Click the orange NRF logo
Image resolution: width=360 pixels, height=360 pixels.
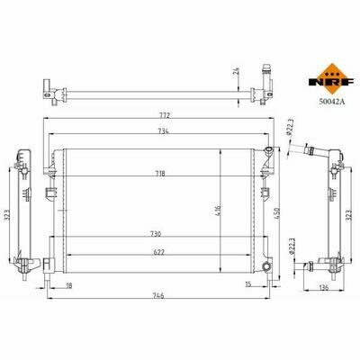click(x=332, y=79)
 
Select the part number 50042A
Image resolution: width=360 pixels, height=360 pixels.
click(x=332, y=102)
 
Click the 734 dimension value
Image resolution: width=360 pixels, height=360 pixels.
click(x=163, y=130)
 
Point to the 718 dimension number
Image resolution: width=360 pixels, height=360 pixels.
click(x=160, y=174)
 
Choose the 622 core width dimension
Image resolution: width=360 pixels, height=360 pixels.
click(x=158, y=252)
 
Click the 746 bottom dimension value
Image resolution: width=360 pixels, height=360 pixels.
click(x=158, y=295)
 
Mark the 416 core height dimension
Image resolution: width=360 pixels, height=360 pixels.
click(x=218, y=211)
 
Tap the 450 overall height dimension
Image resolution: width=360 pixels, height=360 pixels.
click(x=276, y=213)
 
